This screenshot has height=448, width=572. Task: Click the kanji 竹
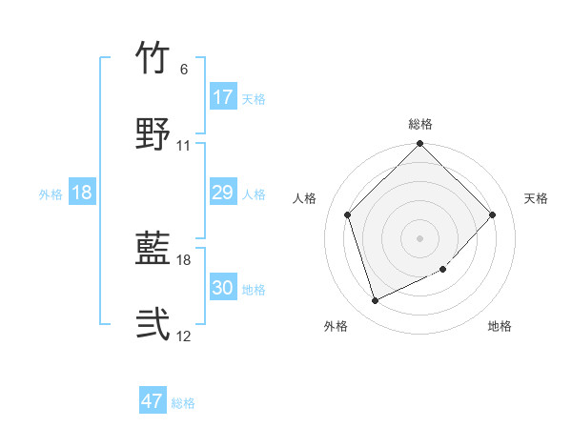[153, 58]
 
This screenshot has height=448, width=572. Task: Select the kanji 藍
[153, 250]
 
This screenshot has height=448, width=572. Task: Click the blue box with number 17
[223, 97]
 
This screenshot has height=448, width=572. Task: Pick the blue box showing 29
[223, 193]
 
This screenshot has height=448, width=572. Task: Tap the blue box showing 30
[223, 288]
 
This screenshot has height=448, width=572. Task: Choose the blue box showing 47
[153, 401]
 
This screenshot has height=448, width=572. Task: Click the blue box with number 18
[82, 193]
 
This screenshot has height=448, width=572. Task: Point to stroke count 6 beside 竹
[184, 70]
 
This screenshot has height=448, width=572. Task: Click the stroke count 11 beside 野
[184, 146]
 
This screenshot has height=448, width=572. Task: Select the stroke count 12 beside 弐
[184, 336]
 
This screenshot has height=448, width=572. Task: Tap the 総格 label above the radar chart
[420, 124]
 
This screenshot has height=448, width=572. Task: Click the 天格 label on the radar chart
[537, 198]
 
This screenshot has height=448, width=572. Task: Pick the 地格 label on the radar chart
[500, 326]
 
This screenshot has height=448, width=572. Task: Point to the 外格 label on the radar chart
[336, 326]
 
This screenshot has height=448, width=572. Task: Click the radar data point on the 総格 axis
[420, 145]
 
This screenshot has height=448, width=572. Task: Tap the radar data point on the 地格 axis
[443, 270]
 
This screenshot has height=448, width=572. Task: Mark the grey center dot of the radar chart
[420, 237]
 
